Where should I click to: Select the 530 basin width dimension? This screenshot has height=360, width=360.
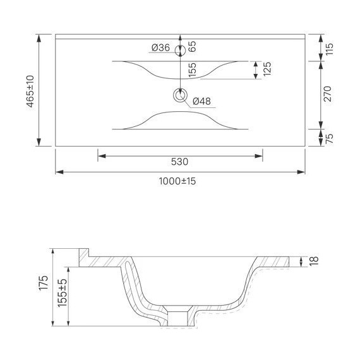pos(180,162)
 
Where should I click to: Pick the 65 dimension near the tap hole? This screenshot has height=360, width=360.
pos(192,46)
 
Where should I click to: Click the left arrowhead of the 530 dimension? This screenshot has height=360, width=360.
pos(100,154)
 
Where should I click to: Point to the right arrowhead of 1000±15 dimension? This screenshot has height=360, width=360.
pos(303,171)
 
